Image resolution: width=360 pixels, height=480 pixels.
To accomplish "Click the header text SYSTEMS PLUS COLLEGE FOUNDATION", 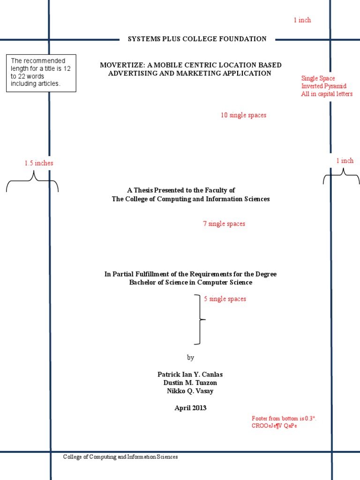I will (x=197, y=39).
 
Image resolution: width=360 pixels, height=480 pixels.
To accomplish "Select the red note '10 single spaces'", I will (x=243, y=115).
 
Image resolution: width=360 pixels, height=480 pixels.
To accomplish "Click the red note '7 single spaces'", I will (x=224, y=224).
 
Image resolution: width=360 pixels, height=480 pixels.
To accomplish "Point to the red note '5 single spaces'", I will (x=225, y=299).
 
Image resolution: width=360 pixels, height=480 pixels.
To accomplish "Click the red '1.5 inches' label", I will (x=39, y=163).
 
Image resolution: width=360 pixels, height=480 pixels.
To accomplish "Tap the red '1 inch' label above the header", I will (x=302, y=20).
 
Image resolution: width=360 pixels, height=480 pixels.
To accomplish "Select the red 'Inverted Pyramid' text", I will (x=323, y=86).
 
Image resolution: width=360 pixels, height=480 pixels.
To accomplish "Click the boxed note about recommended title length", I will (x=41, y=73).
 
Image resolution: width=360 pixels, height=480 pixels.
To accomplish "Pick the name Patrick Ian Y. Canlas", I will (x=190, y=374).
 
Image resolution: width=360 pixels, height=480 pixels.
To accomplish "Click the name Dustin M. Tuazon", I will (x=190, y=382).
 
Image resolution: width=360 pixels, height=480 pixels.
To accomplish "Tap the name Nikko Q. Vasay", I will (x=190, y=391).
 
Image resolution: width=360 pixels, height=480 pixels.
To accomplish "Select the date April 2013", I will (x=190, y=408).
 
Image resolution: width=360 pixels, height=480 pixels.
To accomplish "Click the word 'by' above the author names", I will (x=190, y=357).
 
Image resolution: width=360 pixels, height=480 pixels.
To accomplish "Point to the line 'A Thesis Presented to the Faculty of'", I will (x=181, y=190).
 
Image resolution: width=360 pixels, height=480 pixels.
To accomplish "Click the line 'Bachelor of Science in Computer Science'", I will (x=190, y=282).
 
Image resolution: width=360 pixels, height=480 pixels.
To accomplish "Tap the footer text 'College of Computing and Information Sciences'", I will (x=120, y=457).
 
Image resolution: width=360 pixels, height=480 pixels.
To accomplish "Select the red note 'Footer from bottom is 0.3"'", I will (x=284, y=418).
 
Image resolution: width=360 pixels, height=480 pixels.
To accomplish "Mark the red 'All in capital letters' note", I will (x=327, y=94).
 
